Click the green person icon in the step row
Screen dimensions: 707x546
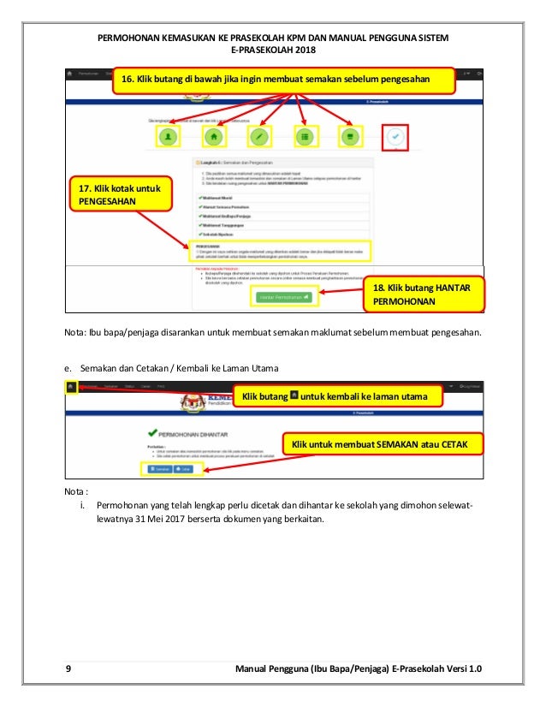[x=169, y=135]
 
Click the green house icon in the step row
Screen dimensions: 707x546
[x=213, y=135]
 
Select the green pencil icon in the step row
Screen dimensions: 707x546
[x=259, y=135]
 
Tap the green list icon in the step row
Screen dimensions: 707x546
[x=305, y=135]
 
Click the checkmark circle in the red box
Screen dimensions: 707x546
[x=395, y=135]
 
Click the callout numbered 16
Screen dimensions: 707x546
[x=282, y=79]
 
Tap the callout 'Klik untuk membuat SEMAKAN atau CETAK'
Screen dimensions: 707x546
[x=382, y=445]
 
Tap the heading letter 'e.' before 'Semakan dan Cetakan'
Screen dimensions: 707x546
[x=68, y=367]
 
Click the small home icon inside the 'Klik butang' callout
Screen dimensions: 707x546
[x=294, y=396]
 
